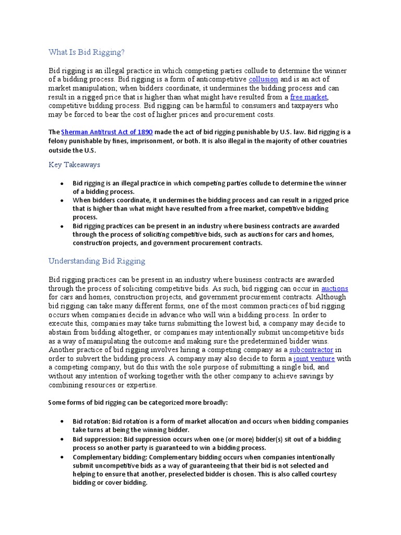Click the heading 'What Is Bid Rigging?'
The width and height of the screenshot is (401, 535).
pyautogui.click(x=87, y=52)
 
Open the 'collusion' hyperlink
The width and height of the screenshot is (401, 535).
pyautogui.click(x=263, y=79)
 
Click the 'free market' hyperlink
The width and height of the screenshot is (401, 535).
pyautogui.click(x=309, y=97)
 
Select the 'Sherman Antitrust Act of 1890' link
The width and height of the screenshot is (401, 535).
pyautogui.click(x=107, y=133)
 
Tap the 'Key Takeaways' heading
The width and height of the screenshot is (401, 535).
pyautogui.click(x=74, y=165)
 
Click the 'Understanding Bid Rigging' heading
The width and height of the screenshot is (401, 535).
pyautogui.click(x=97, y=261)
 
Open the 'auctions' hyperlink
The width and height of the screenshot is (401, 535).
pyautogui.click(x=335, y=288)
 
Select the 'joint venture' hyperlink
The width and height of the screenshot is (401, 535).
pyautogui.click(x=314, y=359)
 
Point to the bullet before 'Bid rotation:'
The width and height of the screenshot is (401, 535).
pyautogui.click(x=62, y=421)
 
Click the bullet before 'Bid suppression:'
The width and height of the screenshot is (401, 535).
pyautogui.click(x=62, y=439)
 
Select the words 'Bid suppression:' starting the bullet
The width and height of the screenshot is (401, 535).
pyautogui.click(x=98, y=439)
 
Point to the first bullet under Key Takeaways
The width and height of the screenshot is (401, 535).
pyautogui.click(x=62, y=184)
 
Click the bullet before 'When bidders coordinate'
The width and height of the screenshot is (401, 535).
pyautogui.click(x=62, y=201)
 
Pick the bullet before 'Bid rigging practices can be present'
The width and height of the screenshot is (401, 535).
pyautogui.click(x=62, y=226)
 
